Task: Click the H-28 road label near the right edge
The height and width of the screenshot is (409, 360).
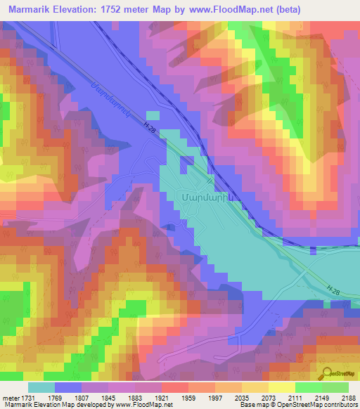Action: click(335, 289)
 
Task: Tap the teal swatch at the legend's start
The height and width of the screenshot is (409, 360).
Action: click(41, 387)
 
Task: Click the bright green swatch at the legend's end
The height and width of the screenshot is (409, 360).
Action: click(335, 387)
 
